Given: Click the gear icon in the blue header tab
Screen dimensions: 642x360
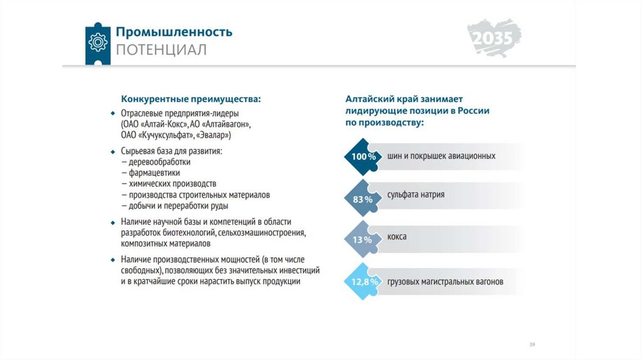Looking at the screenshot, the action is tap(98, 42).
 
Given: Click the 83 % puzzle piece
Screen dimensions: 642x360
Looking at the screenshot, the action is tap(362, 199).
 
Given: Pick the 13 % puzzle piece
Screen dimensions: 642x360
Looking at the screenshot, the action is tap(362, 240).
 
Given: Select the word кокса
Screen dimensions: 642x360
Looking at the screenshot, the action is tap(397, 236).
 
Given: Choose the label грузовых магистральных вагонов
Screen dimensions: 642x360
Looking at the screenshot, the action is tap(445, 282).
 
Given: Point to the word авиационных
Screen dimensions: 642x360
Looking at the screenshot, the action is tap(471, 156).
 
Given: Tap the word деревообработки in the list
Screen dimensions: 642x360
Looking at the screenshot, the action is tap(160, 162).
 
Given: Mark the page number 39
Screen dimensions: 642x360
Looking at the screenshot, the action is tap(532, 344).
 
